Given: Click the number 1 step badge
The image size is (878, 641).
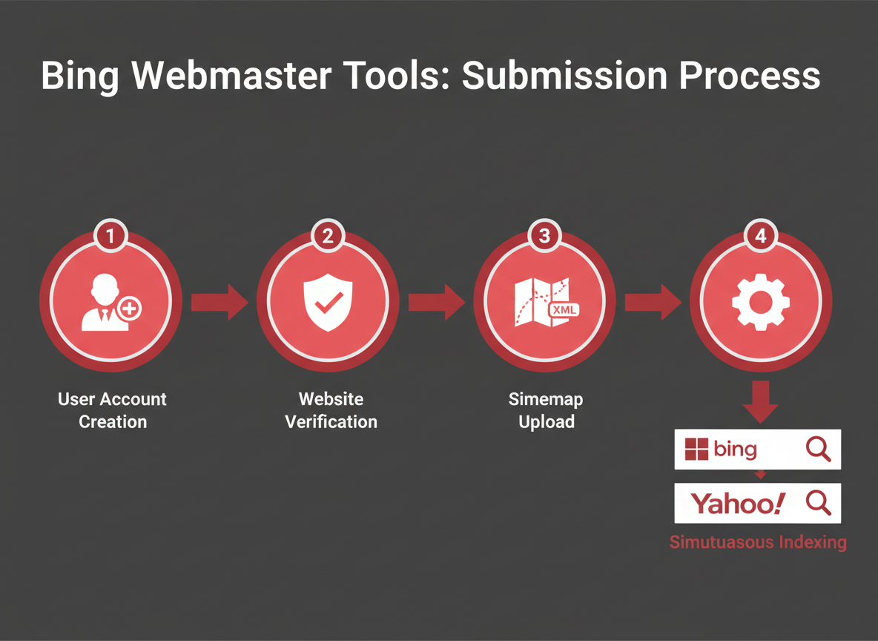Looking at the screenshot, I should coord(110,237).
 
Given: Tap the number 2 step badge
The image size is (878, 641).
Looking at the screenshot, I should coord(328,237).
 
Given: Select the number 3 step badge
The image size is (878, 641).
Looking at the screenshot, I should coord(545,237).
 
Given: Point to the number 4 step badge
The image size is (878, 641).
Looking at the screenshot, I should coord(761,237).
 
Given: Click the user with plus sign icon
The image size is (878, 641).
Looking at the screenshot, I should coord(110,302).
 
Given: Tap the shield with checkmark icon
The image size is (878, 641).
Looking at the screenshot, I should coord(328,301).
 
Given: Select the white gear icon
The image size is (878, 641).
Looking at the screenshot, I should coord(761,301).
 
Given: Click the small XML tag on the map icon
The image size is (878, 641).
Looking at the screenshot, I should coord(565,310).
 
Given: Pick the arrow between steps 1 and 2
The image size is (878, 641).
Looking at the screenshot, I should coord(219,302).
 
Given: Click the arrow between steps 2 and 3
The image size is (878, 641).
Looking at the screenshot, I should coord(436,302).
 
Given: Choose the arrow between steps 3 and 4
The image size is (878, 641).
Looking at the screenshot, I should coord(653,302).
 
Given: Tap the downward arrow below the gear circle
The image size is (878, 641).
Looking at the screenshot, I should coord(760,401).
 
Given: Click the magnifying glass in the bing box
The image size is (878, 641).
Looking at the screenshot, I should coord(818,449).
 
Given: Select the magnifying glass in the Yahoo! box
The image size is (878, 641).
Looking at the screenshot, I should coord(818,503).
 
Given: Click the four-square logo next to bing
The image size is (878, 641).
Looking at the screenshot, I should coord(696,450).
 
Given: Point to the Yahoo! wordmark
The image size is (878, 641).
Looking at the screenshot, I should coord(737,504).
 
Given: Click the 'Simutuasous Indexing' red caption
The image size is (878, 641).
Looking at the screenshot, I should coord(758,542).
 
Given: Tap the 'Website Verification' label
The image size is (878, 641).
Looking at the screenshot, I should coord(331,410).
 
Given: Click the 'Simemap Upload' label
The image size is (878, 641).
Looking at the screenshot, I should coord(546,410).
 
